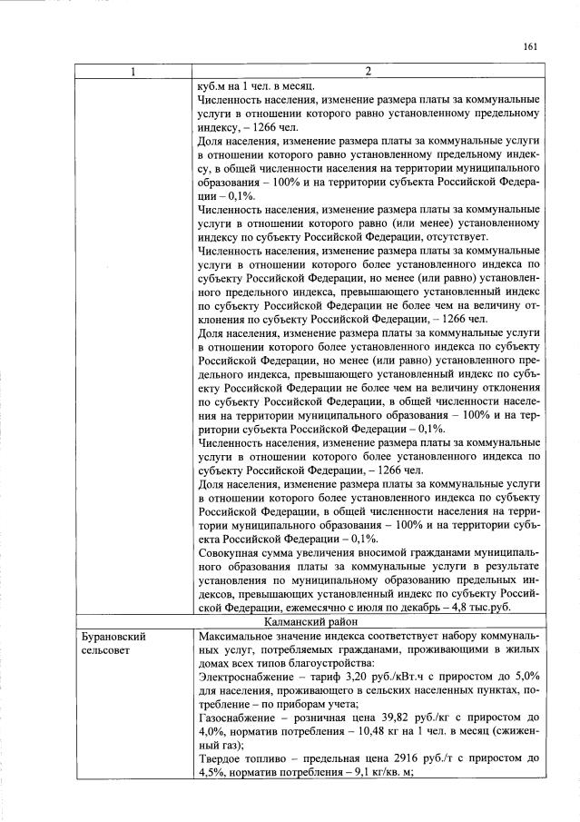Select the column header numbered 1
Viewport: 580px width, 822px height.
click(133, 72)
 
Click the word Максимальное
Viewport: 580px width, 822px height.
click(239, 639)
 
